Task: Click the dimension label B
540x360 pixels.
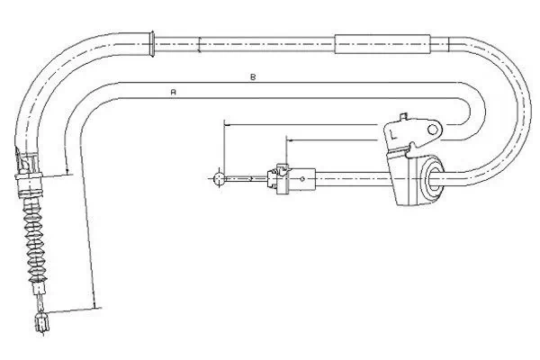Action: pyautogui.click(x=253, y=76)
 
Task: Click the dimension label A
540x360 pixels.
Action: pyautogui.click(x=174, y=93)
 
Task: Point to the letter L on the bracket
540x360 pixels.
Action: pyautogui.click(x=393, y=134)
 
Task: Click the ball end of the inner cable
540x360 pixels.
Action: pyautogui.click(x=219, y=178)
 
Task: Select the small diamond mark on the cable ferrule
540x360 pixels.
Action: pyautogui.click(x=302, y=178)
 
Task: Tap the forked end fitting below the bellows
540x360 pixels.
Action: pyautogui.click(x=42, y=323)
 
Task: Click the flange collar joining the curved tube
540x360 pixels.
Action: pyautogui.click(x=152, y=44)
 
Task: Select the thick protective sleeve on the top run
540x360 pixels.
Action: pyautogui.click(x=382, y=44)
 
